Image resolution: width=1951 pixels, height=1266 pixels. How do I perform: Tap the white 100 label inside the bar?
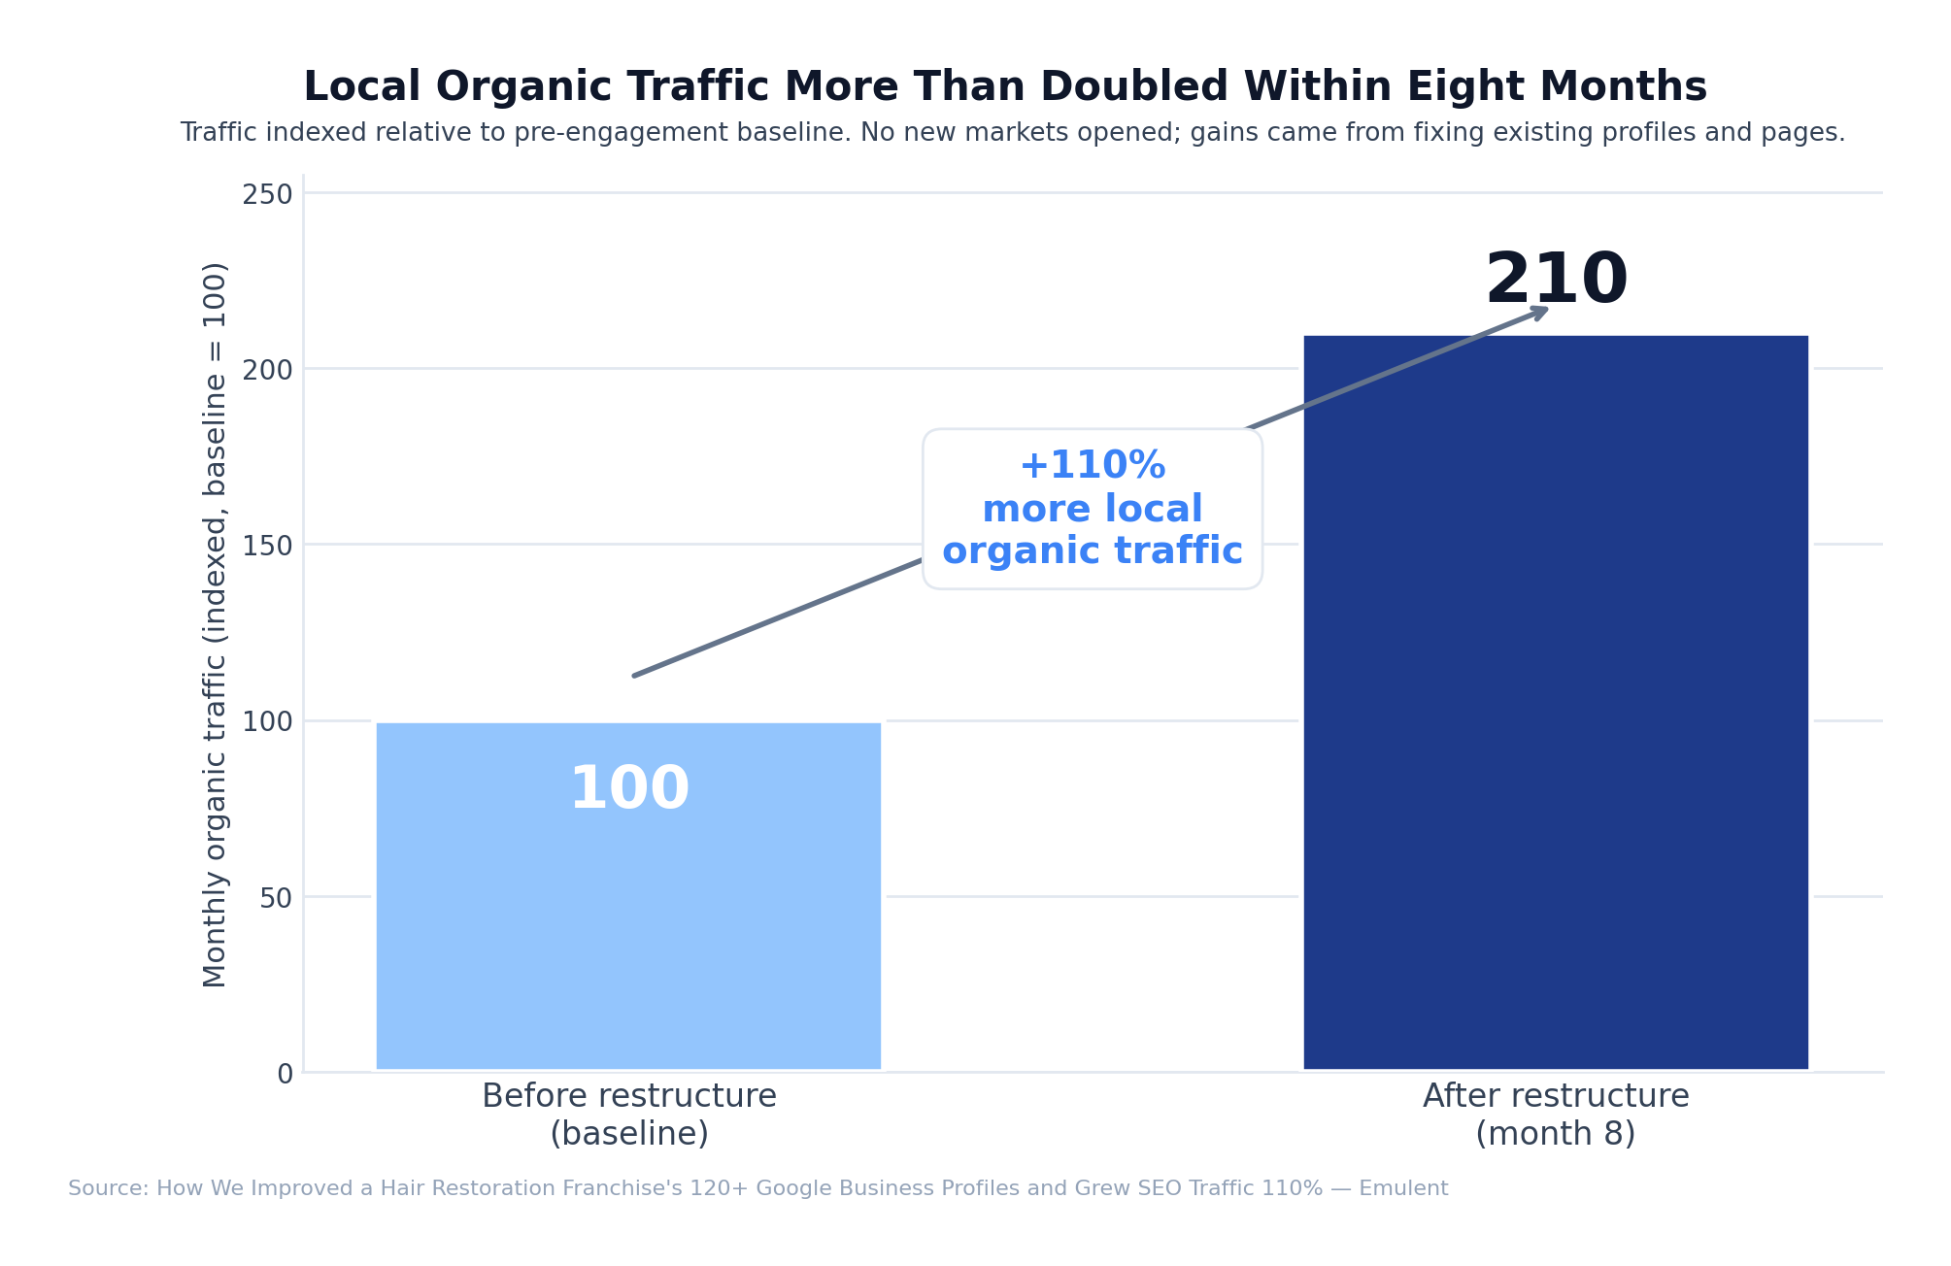628,789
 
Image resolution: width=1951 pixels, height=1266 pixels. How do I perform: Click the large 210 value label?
1556,281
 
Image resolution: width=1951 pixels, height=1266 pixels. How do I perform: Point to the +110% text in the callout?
1092,465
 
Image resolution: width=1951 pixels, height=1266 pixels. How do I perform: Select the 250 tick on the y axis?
267,194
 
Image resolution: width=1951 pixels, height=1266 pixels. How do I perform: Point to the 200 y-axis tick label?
267,370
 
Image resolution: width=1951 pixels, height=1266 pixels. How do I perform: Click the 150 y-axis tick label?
267,546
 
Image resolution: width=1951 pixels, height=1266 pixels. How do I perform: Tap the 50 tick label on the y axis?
276,898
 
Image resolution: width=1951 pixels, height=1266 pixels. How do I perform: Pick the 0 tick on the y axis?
285,1074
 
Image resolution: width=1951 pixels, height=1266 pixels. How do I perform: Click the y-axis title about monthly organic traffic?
215,624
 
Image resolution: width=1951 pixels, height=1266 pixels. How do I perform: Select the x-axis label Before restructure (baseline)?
628,1115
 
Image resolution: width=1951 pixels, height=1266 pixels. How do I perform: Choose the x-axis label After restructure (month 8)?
1555,1115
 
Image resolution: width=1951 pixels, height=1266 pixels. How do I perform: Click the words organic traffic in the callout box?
1092,551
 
